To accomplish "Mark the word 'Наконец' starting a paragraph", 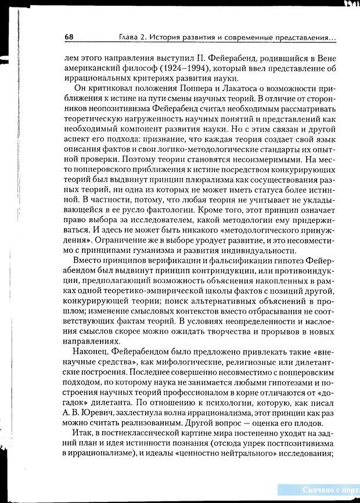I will coord(89,349).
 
